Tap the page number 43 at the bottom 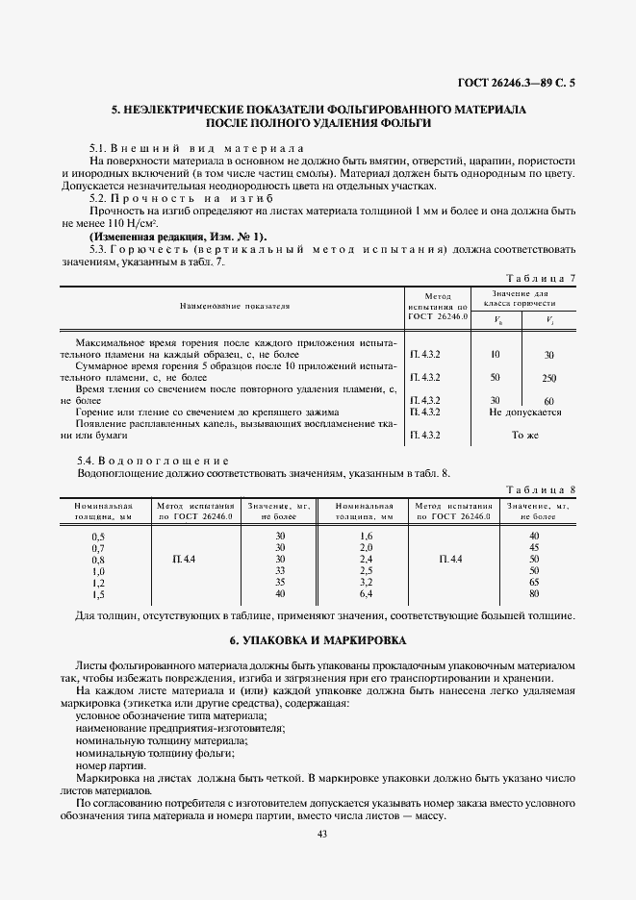pyautogui.click(x=322, y=834)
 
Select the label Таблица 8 pyautogui.click(x=540, y=489)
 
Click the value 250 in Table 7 pyautogui.click(x=548, y=378)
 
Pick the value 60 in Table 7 pyautogui.click(x=548, y=401)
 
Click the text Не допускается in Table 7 pyautogui.click(x=524, y=412)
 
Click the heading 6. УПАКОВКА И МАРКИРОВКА pyautogui.click(x=318, y=639)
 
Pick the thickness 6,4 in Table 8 pyautogui.click(x=366, y=594)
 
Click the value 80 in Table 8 pyautogui.click(x=534, y=594)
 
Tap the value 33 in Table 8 pyautogui.click(x=280, y=570)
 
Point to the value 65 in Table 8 pyautogui.click(x=534, y=583)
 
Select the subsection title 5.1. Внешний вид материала pyautogui.click(x=196, y=148)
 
